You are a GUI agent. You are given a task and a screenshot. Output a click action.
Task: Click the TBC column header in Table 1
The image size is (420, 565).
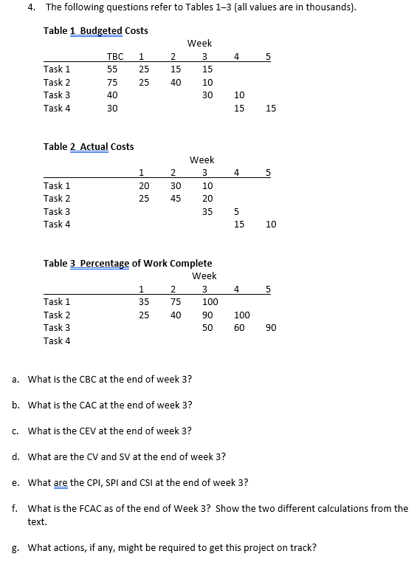coord(115,56)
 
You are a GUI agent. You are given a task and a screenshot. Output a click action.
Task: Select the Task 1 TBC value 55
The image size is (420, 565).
coord(112,69)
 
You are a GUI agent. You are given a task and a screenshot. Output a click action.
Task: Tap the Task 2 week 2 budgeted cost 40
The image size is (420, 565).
coord(176,82)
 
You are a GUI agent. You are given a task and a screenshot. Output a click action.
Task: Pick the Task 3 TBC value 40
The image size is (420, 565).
coord(112,95)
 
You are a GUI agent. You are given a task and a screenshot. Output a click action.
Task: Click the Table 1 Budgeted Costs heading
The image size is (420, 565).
coord(95,30)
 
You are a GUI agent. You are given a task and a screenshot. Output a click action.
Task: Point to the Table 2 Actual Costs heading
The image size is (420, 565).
coord(89,146)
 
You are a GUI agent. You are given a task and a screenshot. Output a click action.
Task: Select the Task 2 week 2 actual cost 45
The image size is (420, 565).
coord(176,198)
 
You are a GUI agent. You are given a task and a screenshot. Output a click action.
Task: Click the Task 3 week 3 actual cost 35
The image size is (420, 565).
coord(207,211)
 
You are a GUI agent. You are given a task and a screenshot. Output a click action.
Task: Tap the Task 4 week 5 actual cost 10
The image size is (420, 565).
coord(271,225)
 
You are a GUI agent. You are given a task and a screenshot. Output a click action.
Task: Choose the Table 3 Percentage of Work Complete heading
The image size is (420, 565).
coord(127,263)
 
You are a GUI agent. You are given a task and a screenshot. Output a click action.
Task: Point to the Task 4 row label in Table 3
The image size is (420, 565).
coord(57,340)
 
